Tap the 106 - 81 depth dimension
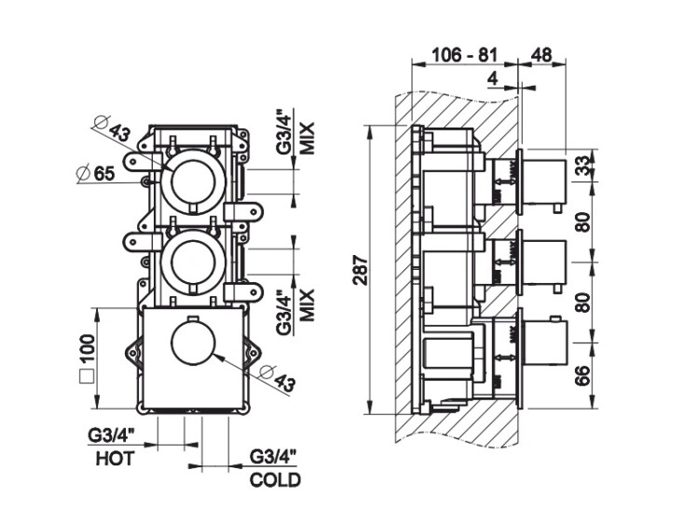(464, 53)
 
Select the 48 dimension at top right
(541, 53)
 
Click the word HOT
(116, 458)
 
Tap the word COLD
(276, 480)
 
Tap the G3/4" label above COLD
(274, 457)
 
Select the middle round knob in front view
(192, 260)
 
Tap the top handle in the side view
(546, 178)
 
